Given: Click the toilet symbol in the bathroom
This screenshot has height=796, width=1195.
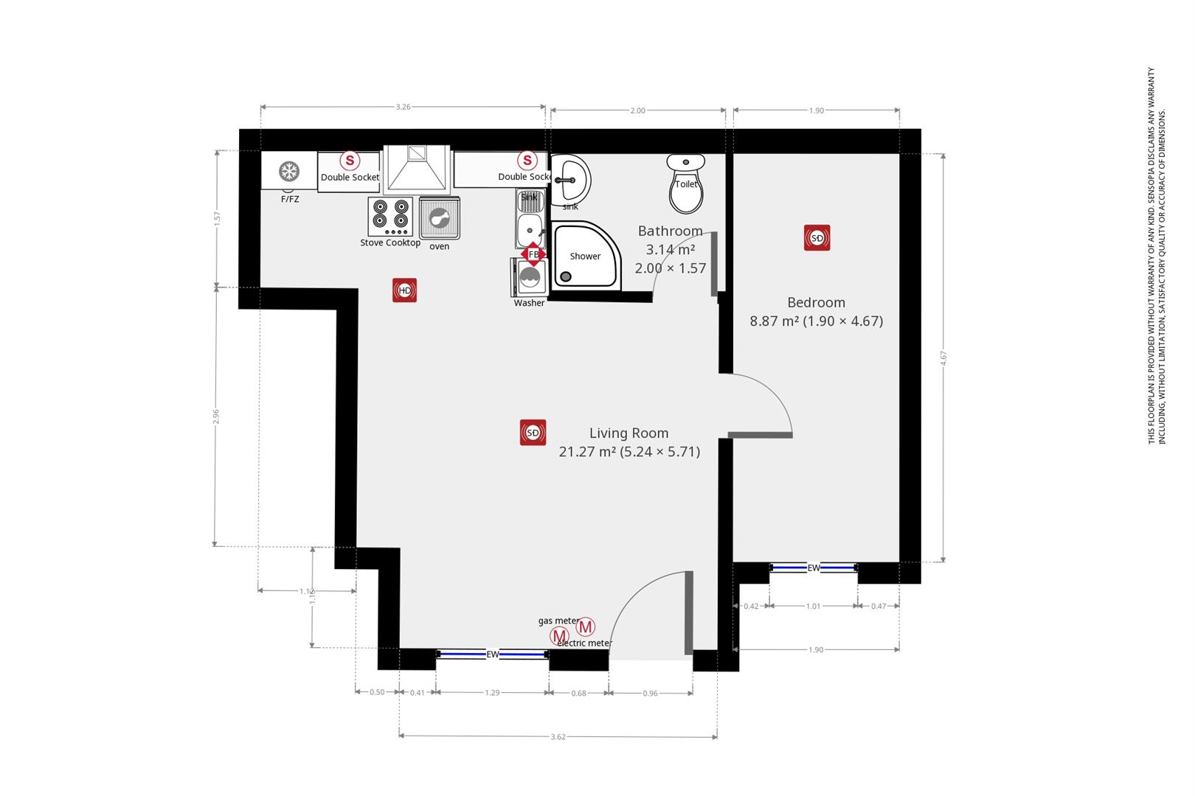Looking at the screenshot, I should click(x=686, y=183).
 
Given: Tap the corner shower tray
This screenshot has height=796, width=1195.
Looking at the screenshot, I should click(x=586, y=256).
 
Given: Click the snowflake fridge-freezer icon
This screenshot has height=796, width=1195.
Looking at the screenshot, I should click(x=288, y=172).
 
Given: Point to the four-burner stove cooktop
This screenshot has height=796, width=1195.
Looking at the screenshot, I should click(x=390, y=216).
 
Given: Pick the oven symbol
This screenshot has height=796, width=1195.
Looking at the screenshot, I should click(x=439, y=218).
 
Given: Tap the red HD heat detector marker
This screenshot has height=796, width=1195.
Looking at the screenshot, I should click(x=404, y=290).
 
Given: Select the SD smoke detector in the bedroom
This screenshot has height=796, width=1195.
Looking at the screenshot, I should click(x=817, y=238).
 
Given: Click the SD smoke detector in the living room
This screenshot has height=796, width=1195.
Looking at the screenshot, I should click(x=533, y=433).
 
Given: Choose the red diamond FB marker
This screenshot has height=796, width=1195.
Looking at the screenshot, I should click(x=533, y=254).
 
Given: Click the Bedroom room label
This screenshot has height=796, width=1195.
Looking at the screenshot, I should click(x=816, y=302).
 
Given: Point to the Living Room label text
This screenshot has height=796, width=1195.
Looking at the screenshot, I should click(x=628, y=433).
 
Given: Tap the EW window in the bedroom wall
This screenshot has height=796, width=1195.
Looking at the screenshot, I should click(x=814, y=568).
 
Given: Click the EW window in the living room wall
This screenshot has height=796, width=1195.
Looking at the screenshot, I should click(x=492, y=654).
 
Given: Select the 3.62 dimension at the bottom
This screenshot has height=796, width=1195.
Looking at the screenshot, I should click(x=558, y=736).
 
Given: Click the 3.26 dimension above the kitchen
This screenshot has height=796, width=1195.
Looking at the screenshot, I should click(x=403, y=107).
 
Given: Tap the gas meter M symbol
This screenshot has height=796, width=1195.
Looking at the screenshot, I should click(x=559, y=635).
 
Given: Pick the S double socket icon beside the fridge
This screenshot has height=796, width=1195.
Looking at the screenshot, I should click(x=350, y=160).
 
